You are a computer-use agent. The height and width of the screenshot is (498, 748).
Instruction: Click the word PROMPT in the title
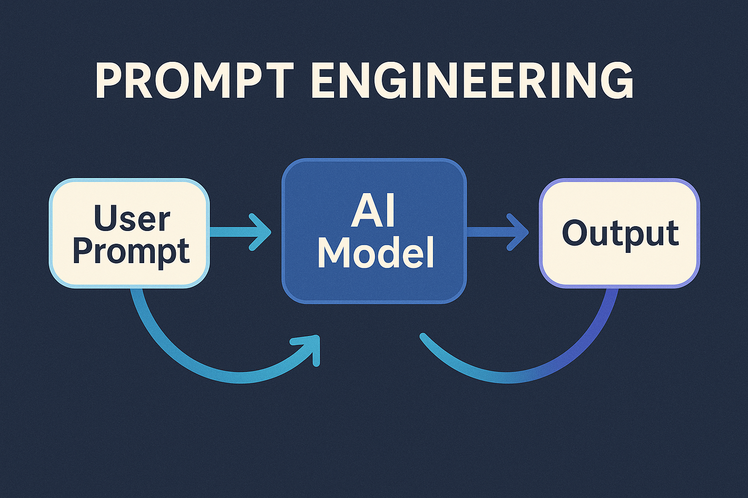coord(195,80)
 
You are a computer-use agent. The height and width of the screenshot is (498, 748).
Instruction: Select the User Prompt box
coord(130,233)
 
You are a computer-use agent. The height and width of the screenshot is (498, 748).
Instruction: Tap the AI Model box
coord(374,231)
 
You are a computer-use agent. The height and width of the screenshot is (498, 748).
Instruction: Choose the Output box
coord(620,233)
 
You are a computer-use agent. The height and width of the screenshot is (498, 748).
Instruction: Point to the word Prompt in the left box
coord(131,251)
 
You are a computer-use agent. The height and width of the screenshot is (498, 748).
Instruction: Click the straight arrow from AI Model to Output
coord(498,232)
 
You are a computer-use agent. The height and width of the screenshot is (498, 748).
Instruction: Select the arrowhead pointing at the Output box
coord(518,232)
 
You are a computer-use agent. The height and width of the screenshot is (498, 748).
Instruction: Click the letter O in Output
coord(575,232)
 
